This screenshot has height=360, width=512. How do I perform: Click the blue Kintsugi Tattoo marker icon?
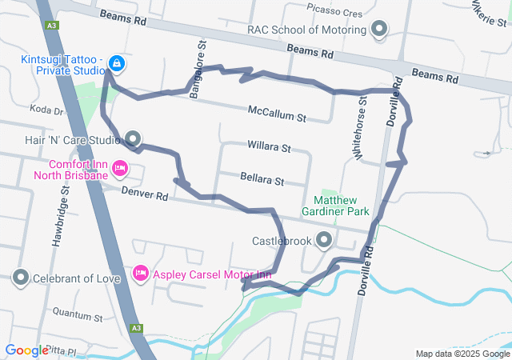117,62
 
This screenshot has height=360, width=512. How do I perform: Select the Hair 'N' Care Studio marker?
133,139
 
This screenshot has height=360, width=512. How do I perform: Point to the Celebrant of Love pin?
21,278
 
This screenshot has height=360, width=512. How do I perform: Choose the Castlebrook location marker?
324,240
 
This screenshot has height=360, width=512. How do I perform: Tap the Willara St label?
269,149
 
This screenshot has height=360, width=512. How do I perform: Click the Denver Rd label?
145,194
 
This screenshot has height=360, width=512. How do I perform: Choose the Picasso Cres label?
334,12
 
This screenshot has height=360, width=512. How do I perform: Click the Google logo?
26,350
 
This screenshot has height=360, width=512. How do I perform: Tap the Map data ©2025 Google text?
462,354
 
